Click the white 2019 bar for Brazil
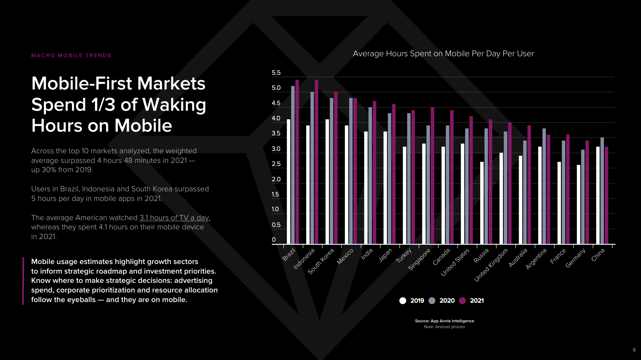pyautogui.click(x=289, y=182)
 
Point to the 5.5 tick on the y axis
pyautogui.click(x=276, y=73)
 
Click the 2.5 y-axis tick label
pyautogui.click(x=276, y=164)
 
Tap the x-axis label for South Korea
pyautogui.click(x=321, y=262)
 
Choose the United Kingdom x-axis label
pyautogui.click(x=491, y=265)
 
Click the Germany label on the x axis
pyautogui.click(x=576, y=258)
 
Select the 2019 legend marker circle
pyautogui.click(x=403, y=301)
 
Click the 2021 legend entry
pyautogui.click(x=476, y=301)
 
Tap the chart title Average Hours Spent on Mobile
pyautogui.click(x=443, y=53)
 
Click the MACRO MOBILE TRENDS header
pyautogui.click(x=71, y=56)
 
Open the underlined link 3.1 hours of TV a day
pyautogui.click(x=174, y=218)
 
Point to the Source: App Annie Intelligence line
pyautogui.click(x=444, y=321)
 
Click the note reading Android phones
pyautogui.click(x=444, y=327)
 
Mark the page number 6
pyautogui.click(x=634, y=350)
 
